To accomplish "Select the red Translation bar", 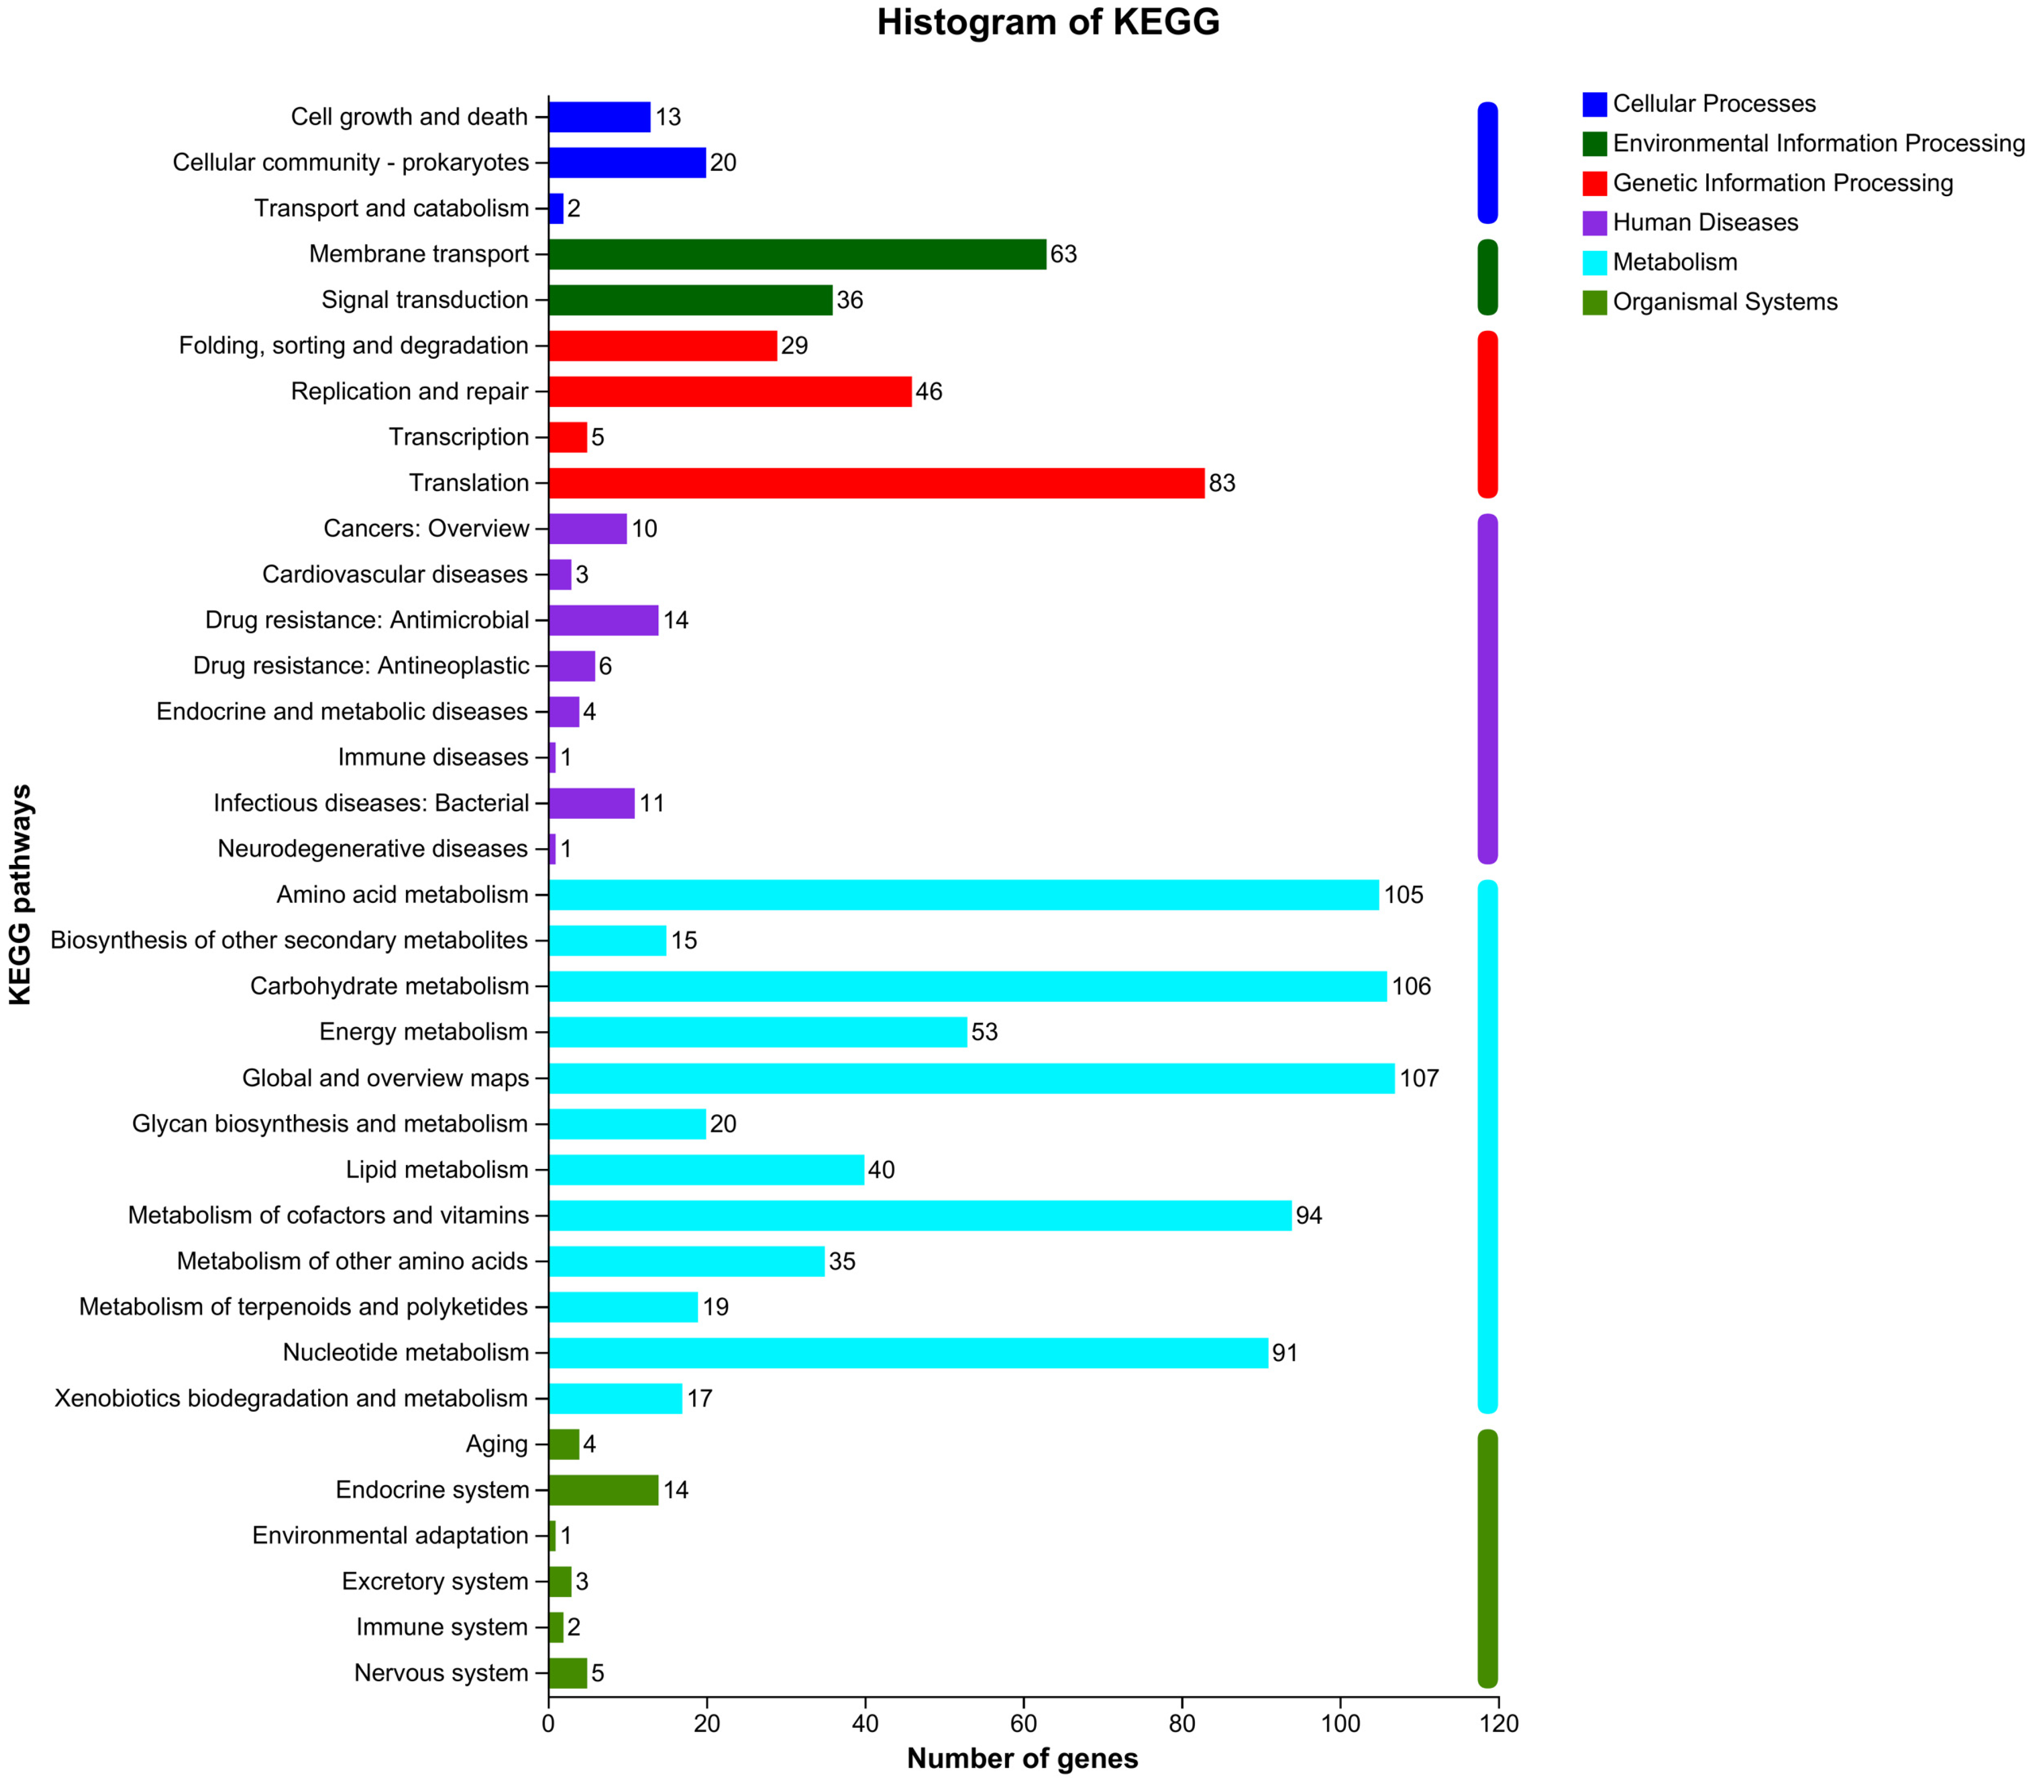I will [876, 483].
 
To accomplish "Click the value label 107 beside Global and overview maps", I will [1418, 1078].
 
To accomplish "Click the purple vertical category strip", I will [1487, 689].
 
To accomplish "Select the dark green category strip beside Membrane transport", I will [1487, 277].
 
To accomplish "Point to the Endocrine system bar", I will [603, 1490].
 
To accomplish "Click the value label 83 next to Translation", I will [1222, 483].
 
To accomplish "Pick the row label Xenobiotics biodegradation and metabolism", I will [291, 1399].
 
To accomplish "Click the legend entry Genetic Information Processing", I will [1782, 183].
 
